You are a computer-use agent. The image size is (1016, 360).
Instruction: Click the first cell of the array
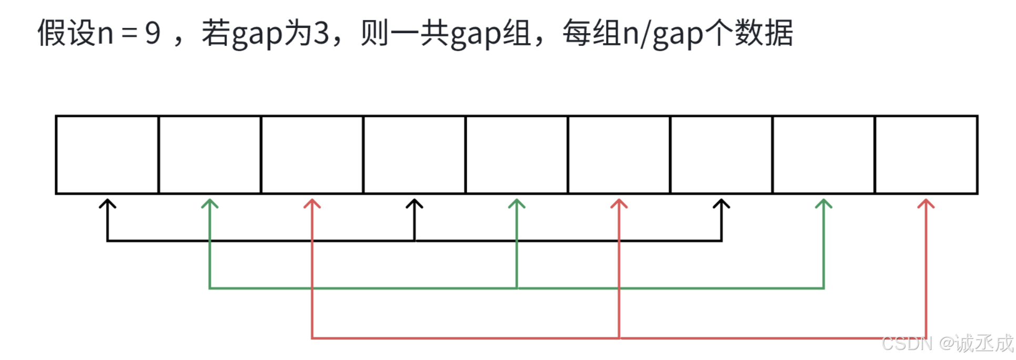107,155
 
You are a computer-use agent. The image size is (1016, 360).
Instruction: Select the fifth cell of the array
517,155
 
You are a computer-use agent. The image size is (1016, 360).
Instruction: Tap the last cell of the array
926,155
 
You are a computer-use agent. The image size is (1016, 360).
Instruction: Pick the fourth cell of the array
414,155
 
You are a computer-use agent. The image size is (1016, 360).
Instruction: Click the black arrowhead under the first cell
107,203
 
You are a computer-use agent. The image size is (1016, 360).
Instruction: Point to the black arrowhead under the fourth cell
414,203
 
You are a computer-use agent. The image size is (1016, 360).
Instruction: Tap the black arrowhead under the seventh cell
721,203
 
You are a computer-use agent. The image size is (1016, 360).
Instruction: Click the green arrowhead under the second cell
210,203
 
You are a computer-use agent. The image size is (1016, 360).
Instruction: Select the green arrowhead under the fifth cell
517,203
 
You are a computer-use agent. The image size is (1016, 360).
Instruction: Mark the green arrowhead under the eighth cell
824,203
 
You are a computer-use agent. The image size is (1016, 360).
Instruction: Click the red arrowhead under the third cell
312,203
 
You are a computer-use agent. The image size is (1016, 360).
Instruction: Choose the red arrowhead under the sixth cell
619,203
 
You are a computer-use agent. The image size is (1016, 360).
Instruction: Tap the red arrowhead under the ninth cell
926,203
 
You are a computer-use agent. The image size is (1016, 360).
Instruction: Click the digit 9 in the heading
152,34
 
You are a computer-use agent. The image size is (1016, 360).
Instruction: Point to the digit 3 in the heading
321,34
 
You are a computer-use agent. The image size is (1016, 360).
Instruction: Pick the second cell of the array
210,155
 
